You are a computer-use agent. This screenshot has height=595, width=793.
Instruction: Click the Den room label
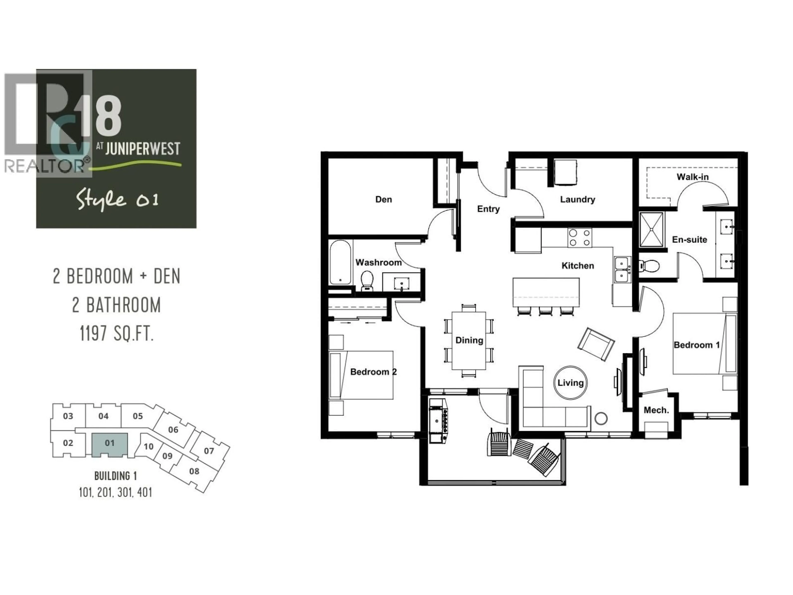pos(383,199)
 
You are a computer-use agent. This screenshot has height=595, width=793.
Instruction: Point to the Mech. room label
pos(656,410)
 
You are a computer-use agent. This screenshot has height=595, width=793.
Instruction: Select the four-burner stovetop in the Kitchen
pos(579,237)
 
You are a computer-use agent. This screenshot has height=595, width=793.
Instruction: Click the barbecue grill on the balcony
pos(438,421)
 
